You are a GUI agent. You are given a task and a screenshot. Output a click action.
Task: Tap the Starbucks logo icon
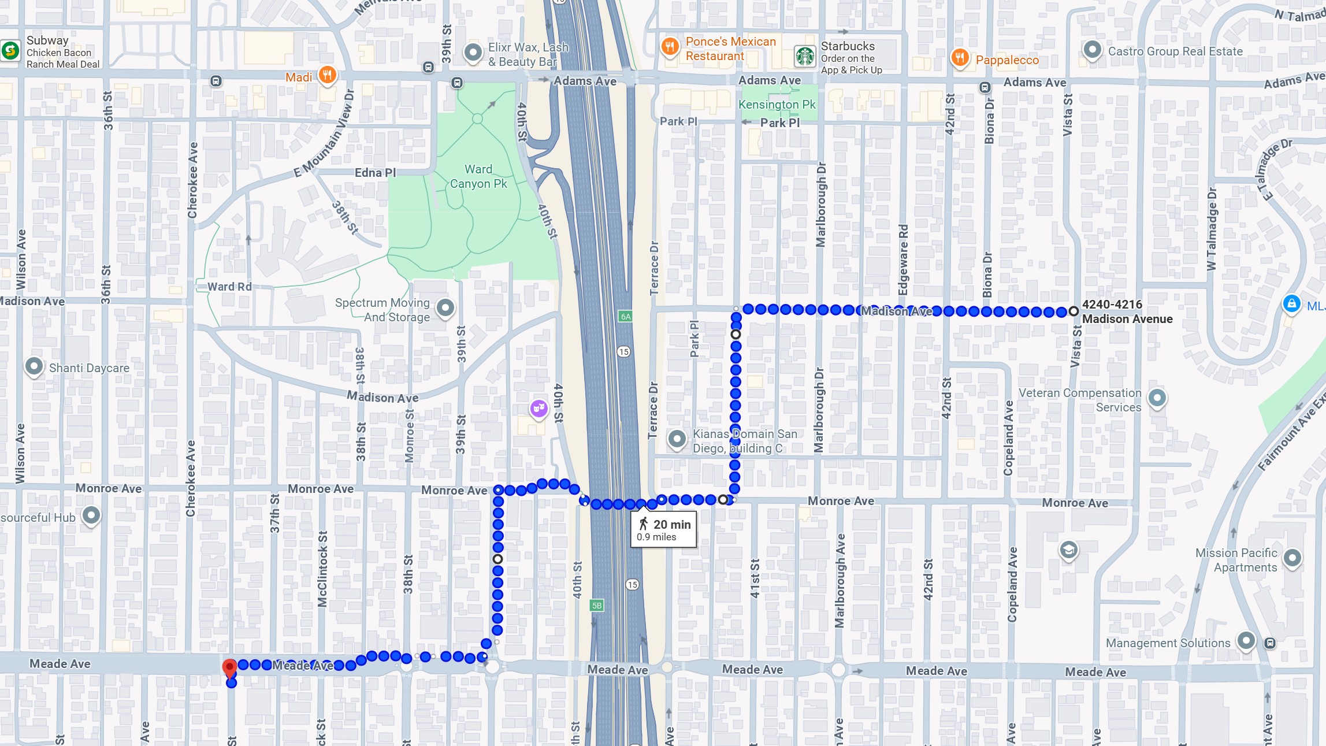click(805, 56)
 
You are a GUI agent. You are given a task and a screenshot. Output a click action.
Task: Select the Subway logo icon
click(10, 51)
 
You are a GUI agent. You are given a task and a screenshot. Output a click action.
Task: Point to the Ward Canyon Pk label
click(478, 176)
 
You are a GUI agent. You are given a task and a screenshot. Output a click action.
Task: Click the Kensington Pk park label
click(777, 105)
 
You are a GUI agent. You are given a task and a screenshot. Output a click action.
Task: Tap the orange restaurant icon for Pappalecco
click(960, 58)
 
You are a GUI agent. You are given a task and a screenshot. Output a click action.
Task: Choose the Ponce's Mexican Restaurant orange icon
click(670, 47)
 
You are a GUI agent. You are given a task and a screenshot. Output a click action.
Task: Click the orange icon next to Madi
click(327, 75)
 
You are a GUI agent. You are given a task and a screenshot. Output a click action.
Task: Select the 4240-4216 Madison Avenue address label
click(1127, 311)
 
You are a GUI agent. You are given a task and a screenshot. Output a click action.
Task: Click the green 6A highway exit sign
click(625, 316)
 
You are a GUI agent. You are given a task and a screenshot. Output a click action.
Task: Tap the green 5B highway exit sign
click(596, 605)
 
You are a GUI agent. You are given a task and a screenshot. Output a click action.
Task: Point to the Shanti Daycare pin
click(34, 366)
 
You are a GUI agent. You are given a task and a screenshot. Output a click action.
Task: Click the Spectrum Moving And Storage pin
click(445, 307)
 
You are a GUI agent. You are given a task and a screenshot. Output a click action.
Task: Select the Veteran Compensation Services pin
click(1157, 398)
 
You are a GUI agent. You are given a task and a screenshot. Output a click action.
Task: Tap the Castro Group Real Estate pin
click(1091, 50)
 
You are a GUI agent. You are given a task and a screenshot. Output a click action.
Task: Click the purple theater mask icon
click(538, 409)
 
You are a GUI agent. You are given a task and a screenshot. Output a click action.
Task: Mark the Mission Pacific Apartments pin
click(1292, 558)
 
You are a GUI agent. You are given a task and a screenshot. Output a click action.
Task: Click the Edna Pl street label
click(375, 173)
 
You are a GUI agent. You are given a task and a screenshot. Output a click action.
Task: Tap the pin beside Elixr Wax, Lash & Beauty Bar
click(473, 53)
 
